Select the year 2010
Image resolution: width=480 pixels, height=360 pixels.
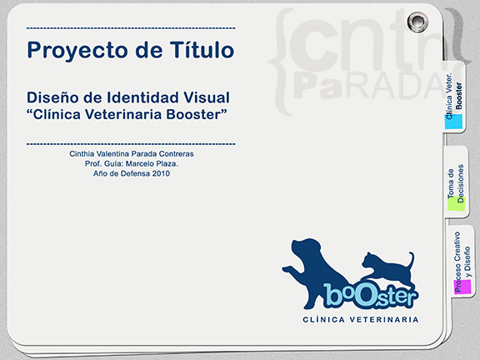(x=161, y=173)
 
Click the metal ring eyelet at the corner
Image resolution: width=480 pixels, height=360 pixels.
(x=417, y=22)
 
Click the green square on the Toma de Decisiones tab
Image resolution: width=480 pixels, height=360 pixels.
(x=456, y=203)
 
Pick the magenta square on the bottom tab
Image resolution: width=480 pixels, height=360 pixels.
(x=462, y=286)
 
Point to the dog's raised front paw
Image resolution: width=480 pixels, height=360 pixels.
(x=289, y=269)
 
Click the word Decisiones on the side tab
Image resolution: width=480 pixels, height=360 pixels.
(x=461, y=183)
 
